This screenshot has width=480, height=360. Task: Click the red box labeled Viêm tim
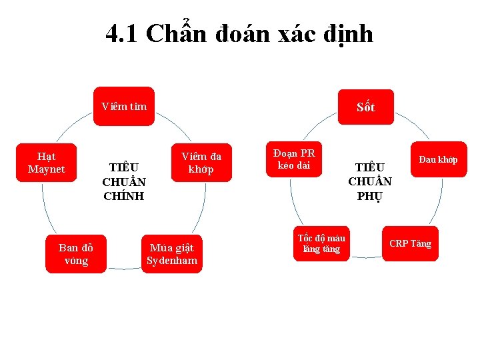pyautogui.click(x=124, y=106)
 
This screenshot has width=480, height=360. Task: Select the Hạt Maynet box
pyautogui.click(x=47, y=163)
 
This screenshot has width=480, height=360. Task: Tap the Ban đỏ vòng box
pyautogui.click(x=76, y=254)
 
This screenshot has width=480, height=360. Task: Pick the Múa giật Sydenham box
pyautogui.click(x=172, y=254)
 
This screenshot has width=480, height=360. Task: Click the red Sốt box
pyautogui.click(x=365, y=107)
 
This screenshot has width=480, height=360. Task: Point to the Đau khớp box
pyautogui.click(x=438, y=160)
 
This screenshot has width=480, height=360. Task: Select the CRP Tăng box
pyautogui.click(x=410, y=243)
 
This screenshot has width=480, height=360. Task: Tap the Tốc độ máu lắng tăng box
pyautogui.click(x=321, y=243)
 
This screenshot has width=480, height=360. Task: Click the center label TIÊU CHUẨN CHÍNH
pyautogui.click(x=124, y=181)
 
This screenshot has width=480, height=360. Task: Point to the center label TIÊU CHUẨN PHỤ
pyautogui.click(x=370, y=181)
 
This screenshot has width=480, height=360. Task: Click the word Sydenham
pyautogui.click(x=172, y=260)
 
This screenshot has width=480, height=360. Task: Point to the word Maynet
pyautogui.click(x=47, y=169)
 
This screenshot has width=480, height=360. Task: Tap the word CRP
pyautogui.click(x=399, y=243)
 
